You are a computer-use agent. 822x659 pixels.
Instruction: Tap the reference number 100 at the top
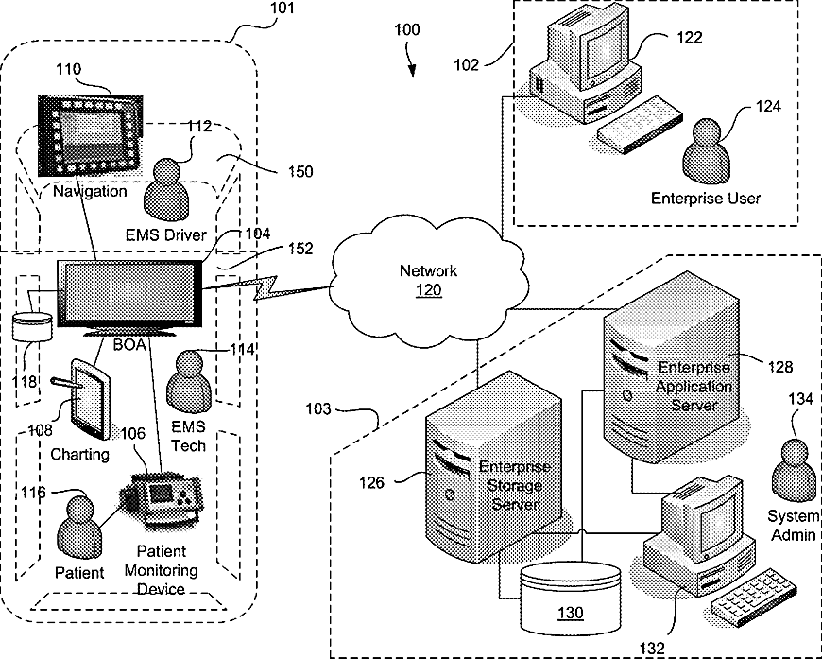click(x=407, y=29)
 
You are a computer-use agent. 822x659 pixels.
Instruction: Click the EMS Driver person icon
click(x=167, y=190)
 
